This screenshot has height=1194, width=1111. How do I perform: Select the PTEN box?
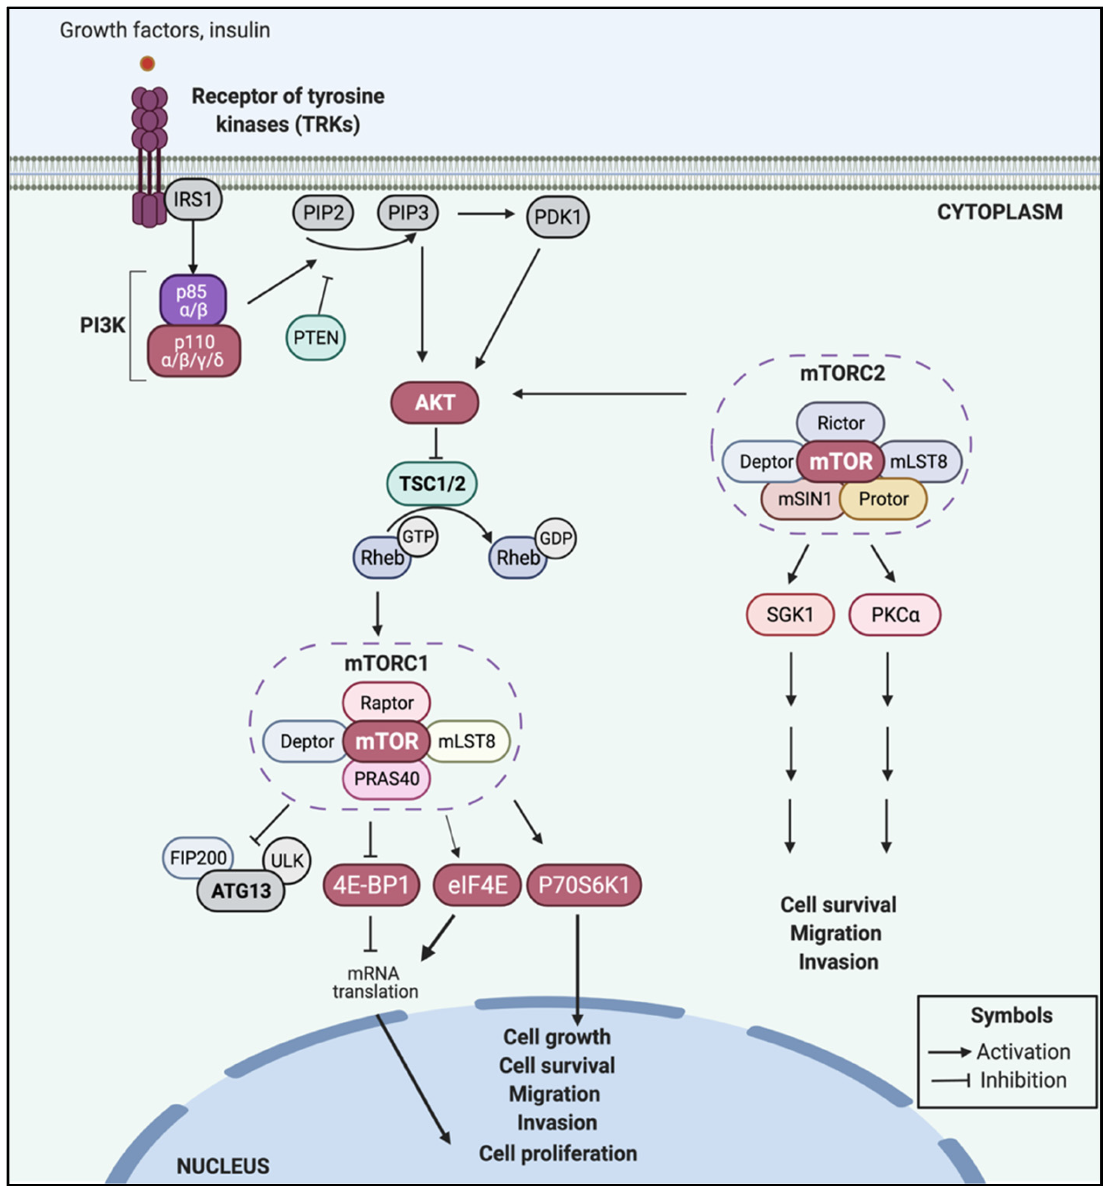[x=315, y=337]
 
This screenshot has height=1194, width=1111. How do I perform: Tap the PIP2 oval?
[x=323, y=213]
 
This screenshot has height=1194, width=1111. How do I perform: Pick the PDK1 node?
[x=557, y=217]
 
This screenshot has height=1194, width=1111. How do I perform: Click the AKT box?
[x=435, y=402]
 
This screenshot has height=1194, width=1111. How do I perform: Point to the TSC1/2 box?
[x=432, y=484]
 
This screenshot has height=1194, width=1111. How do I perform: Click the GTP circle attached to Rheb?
[x=418, y=536]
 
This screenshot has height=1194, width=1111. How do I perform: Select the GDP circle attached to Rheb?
[x=556, y=538]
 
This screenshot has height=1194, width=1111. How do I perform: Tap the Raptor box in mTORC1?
[x=387, y=703]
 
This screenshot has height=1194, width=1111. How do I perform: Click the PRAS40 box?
[x=386, y=779]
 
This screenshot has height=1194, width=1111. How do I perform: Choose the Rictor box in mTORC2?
[x=840, y=423]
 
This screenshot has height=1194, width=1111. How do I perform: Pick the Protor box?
[x=883, y=499]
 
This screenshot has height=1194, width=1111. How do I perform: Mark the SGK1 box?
[x=790, y=614]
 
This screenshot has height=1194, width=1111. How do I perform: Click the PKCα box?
[x=895, y=614]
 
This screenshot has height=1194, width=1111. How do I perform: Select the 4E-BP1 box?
[x=371, y=885]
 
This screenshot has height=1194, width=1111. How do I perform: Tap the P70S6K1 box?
[x=584, y=885]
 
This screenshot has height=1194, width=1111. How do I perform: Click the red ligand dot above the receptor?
[x=147, y=63]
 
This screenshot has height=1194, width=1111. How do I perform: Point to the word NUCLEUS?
[x=223, y=1166]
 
